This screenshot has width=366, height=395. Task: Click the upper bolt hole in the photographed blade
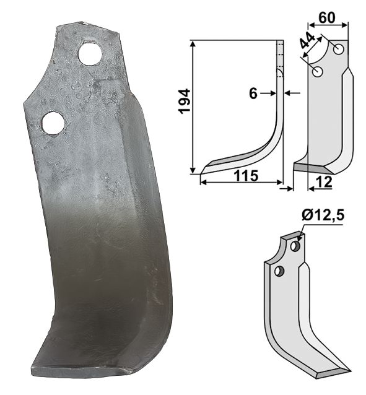(90, 54)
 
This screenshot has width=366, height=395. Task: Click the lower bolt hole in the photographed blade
(53, 123)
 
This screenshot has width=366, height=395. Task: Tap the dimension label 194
(185, 102)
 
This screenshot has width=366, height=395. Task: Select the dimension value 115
(246, 176)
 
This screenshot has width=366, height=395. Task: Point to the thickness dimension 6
(253, 93)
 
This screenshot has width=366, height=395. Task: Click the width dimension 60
(327, 17)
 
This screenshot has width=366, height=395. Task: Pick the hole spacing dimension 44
(308, 40)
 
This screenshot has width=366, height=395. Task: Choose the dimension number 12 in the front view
(325, 182)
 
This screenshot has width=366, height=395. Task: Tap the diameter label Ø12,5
(323, 216)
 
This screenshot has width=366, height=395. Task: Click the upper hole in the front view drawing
(339, 49)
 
